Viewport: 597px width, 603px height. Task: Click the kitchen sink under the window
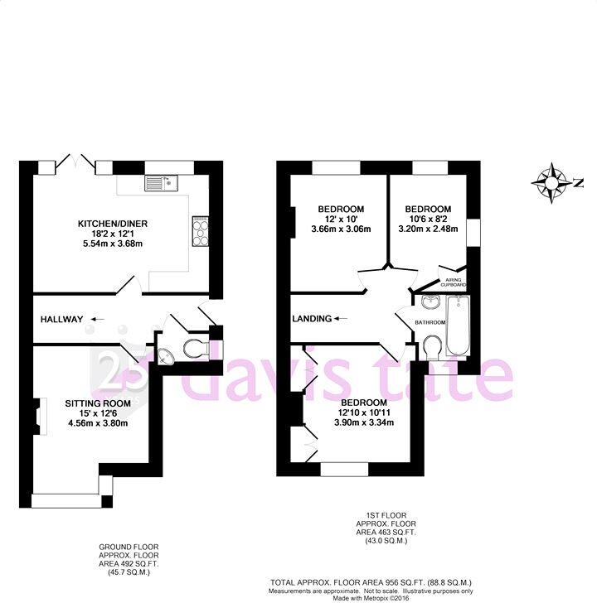[157, 181]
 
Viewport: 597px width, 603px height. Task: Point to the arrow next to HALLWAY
[97, 319]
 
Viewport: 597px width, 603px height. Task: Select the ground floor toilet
[192, 347]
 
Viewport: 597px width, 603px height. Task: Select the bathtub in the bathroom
[458, 326]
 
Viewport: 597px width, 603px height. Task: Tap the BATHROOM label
[430, 322]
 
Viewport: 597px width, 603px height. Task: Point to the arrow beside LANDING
[340, 318]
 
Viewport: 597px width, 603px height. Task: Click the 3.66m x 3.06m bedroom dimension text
[340, 229]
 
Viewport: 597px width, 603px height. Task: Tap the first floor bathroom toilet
[432, 346]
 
